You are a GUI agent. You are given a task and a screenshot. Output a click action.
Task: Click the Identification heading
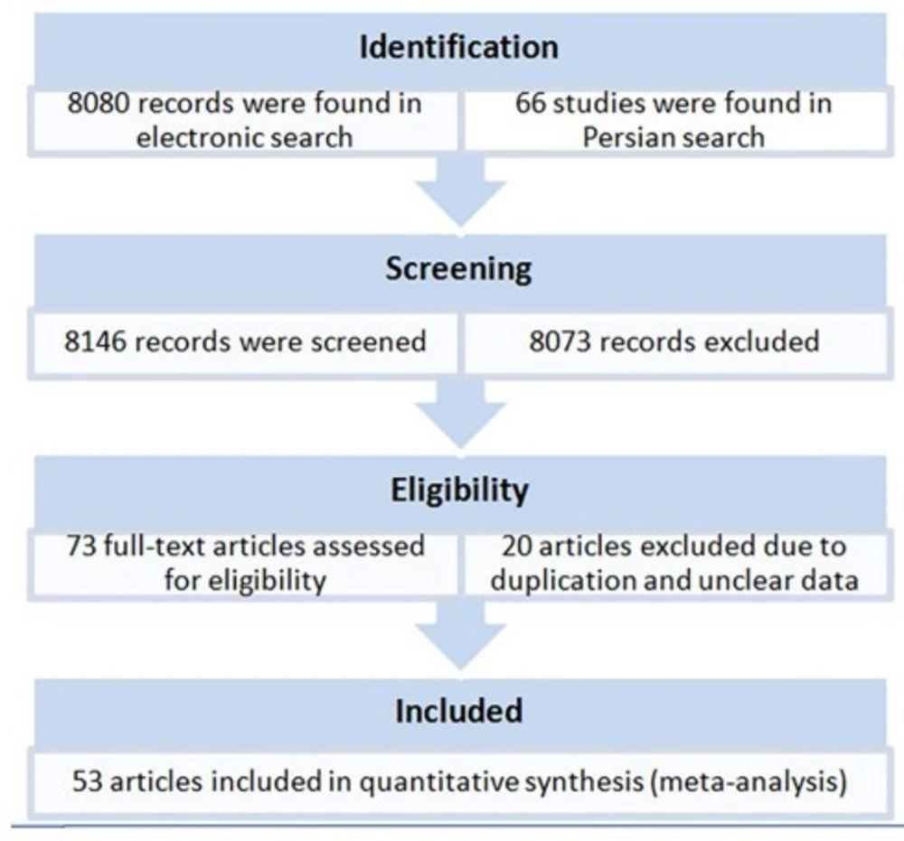point(459,47)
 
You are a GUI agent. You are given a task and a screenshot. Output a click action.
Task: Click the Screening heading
point(459,269)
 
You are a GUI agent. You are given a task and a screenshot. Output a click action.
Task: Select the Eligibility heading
point(459,491)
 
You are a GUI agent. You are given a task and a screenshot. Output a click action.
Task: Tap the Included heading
point(459,711)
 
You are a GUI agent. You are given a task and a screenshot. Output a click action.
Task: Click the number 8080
point(98,104)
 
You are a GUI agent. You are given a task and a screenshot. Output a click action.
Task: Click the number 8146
point(95,341)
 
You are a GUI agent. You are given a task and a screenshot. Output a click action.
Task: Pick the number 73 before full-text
point(81,547)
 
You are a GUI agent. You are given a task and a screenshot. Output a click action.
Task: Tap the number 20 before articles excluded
point(516,547)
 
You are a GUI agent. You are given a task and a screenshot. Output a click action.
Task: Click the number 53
point(88,782)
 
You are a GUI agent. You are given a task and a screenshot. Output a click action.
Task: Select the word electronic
point(201,138)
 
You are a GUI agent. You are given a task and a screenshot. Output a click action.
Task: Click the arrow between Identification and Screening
point(460,192)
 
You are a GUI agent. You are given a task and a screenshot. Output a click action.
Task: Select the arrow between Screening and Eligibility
point(460,415)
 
